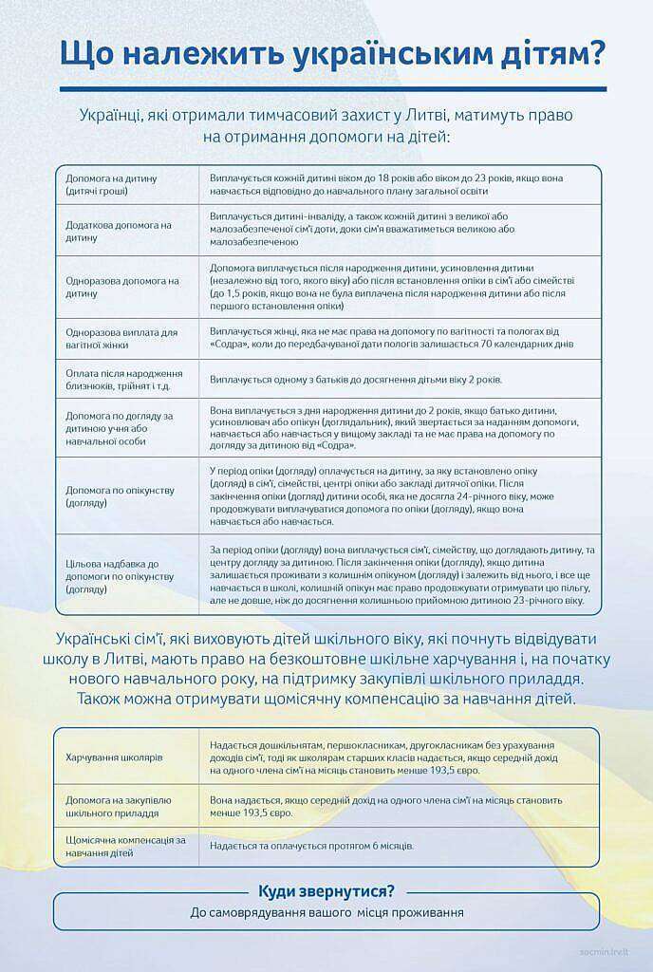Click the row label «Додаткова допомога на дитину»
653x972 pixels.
point(119,231)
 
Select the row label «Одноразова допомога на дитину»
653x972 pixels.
point(121,287)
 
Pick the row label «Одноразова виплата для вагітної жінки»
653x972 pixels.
point(121,338)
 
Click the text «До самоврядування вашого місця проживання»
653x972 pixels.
point(326,912)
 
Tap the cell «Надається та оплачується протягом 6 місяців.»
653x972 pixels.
point(311,846)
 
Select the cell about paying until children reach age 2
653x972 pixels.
point(356,379)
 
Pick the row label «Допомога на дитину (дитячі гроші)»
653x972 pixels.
point(112,184)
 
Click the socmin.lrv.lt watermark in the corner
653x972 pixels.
point(608,950)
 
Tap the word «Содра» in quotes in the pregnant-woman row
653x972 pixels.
point(230,344)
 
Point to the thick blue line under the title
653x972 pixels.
point(332,89)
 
